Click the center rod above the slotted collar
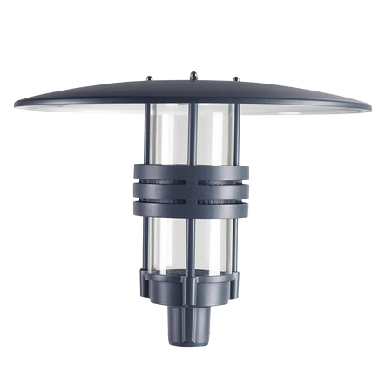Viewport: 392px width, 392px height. [x=192, y=135]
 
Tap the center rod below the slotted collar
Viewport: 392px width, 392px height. [x=192, y=244]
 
